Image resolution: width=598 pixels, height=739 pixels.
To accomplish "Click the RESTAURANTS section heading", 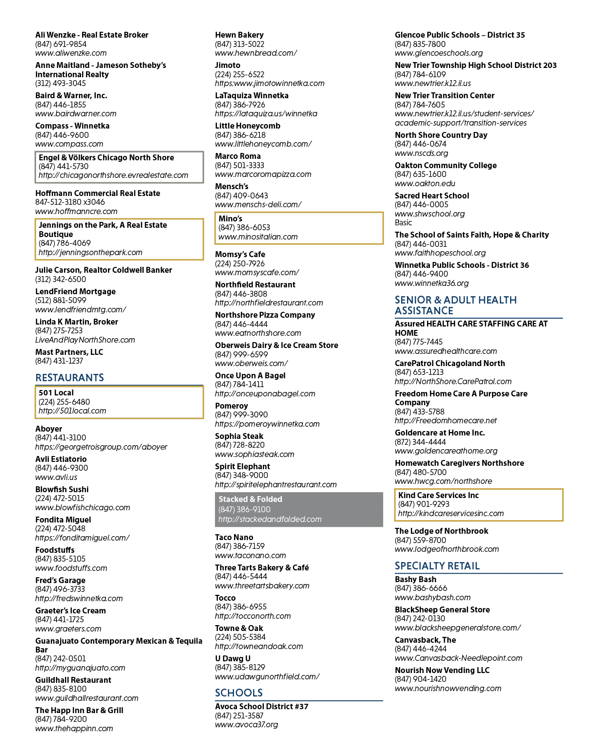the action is [69, 377].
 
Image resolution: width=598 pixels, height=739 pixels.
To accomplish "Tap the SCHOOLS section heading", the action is [238, 693].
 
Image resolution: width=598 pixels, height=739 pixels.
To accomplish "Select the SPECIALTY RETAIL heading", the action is [437, 566].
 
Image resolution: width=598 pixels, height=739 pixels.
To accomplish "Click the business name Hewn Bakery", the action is [239, 35].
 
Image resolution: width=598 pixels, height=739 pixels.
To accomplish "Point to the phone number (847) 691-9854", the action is [61, 44].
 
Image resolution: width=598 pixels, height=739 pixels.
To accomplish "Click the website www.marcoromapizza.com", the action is [263, 174].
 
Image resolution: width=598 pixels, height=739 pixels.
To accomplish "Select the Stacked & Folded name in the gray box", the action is [250, 499].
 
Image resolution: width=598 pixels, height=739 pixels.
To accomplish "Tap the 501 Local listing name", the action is [56, 393].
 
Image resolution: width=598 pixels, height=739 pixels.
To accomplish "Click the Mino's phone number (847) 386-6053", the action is [244, 228].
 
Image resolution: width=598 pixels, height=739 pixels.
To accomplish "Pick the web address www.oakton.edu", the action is [425, 184].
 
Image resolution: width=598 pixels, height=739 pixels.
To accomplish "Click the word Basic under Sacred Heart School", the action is [403, 223].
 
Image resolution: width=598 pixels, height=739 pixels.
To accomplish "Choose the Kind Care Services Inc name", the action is [438, 495].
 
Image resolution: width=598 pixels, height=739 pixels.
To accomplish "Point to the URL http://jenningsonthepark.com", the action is [90, 253].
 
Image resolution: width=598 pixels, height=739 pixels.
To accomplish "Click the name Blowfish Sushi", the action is [62, 490].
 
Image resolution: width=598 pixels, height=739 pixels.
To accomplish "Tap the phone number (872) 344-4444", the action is [420, 442].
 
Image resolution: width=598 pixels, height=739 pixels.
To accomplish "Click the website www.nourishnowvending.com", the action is [448, 688].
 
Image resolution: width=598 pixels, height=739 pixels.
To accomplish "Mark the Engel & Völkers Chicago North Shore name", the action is [106, 157].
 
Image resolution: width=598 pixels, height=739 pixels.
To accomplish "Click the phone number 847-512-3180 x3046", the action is [70, 202].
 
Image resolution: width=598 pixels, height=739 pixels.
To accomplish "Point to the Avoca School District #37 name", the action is [261, 706].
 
